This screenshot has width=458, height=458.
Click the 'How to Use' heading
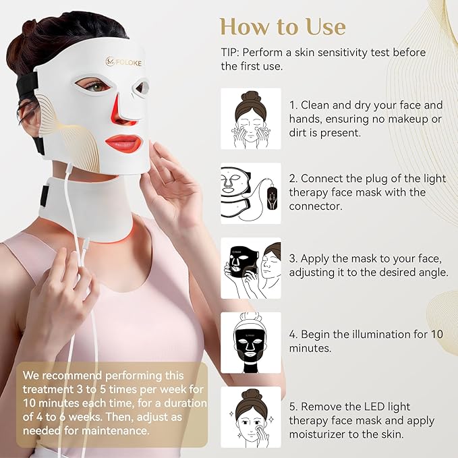coord(282,26)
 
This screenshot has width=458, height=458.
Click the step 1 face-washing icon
coord(250,118)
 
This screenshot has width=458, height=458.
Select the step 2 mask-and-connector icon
coord(250,193)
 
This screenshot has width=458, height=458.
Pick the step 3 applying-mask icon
coord(250,267)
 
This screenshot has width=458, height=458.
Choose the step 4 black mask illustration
coord(250,342)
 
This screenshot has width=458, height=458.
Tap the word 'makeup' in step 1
coord(395,119)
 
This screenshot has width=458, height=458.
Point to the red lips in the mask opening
coord(123,143)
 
